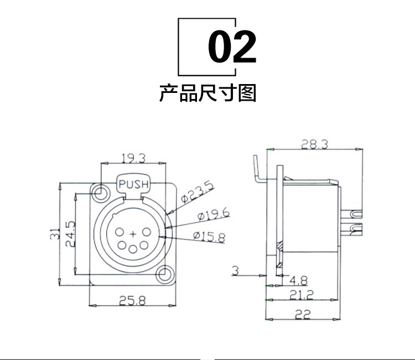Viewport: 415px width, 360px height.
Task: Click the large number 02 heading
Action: click(x=232, y=46)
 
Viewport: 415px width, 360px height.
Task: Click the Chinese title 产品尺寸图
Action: click(x=207, y=93)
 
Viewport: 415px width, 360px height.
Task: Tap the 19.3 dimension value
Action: click(x=133, y=158)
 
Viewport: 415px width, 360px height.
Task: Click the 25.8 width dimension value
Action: click(x=133, y=301)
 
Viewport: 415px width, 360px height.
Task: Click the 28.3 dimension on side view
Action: click(x=314, y=144)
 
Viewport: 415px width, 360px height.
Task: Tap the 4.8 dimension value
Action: click(x=298, y=280)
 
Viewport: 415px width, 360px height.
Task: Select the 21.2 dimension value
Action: click(x=302, y=295)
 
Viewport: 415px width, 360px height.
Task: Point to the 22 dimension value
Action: click(x=302, y=315)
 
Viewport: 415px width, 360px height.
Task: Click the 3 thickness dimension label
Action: click(x=235, y=270)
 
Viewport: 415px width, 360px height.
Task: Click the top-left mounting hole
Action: click(x=101, y=192)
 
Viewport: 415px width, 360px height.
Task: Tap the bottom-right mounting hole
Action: click(x=164, y=274)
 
